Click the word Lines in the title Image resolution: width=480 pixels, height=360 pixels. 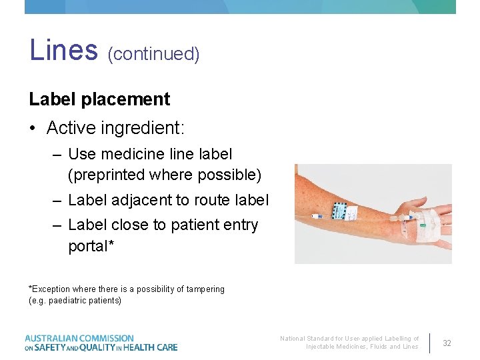click(x=63, y=51)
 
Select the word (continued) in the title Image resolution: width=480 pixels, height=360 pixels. click(x=153, y=53)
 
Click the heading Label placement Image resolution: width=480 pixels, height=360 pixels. click(x=99, y=99)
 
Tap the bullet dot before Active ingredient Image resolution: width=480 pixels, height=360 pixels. click(x=33, y=127)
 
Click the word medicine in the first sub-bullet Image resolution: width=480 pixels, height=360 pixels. click(x=131, y=154)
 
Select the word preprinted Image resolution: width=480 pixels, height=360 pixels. click(x=109, y=175)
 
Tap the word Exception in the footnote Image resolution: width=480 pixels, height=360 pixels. click(x=51, y=289)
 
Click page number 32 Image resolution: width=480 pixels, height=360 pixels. click(x=447, y=343)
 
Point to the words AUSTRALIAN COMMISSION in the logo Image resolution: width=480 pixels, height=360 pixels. click(x=79, y=339)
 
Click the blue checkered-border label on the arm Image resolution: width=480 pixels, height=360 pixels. click(x=344, y=213)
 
